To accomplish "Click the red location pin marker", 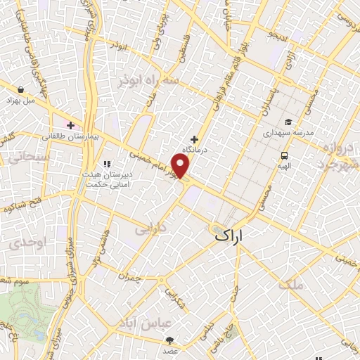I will [x=181, y=166].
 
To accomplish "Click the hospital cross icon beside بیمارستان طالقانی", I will [x=70, y=125].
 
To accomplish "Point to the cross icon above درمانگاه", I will [x=194, y=139].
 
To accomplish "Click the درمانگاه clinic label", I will [x=194, y=150].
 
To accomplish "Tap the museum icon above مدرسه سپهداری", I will [x=288, y=121].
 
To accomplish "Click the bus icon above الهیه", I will [x=284, y=155].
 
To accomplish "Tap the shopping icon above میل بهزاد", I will [x=22, y=90].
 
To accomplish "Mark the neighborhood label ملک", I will [x=291, y=284].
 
